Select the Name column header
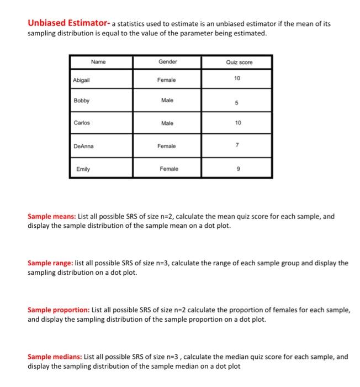click(98, 62)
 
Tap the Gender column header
click(167, 62)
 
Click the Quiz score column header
click(239, 62)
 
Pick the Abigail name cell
click(82, 80)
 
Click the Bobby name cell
click(81, 101)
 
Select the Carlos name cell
click(82, 123)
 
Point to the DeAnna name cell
click(84, 146)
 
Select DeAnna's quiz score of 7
click(237, 144)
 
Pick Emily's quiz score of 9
click(237, 169)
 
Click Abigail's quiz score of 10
click(237, 79)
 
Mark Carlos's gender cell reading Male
click(167, 123)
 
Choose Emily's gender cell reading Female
click(169, 169)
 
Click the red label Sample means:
click(54, 217)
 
